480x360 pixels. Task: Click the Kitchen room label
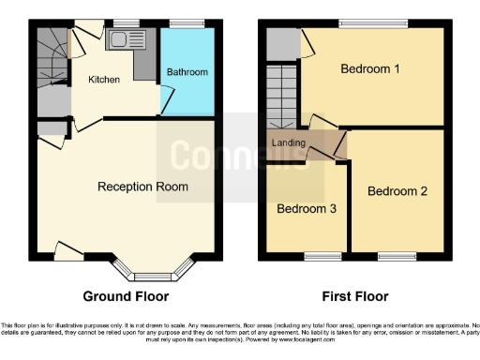pos(104,80)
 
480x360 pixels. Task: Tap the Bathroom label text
pos(187,72)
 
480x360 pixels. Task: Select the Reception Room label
pos(142,187)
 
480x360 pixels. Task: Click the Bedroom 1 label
pos(370,69)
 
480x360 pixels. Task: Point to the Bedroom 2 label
pos(397,191)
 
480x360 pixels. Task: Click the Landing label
pos(289,142)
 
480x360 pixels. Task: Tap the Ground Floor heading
pos(127,296)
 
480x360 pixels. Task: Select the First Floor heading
pos(354,296)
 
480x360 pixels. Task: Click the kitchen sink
pos(124,39)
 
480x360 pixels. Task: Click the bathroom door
pos(166,97)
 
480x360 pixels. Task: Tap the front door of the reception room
pos(67,249)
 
